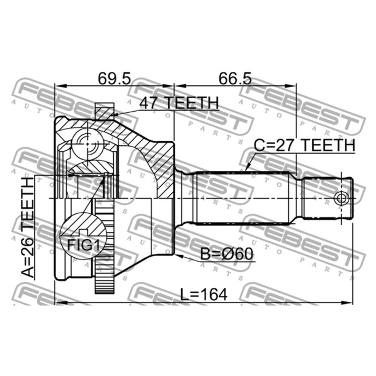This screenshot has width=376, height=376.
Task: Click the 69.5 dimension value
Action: pos(114,78)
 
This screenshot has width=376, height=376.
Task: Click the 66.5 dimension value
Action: pos(235,78)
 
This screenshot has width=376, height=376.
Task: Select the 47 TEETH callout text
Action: pos(179,103)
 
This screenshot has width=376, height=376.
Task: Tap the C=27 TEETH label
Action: pos(304,146)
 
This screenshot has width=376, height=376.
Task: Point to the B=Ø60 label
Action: pos(227,254)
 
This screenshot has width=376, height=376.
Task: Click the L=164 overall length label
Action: pos(204,294)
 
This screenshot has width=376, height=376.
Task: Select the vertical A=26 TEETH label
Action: pos(28,227)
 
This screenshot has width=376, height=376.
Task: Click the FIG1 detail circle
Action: pos(83,236)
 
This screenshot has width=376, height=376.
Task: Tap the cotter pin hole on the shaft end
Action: pos(341,198)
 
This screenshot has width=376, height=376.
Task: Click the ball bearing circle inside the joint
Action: pos(88,144)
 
